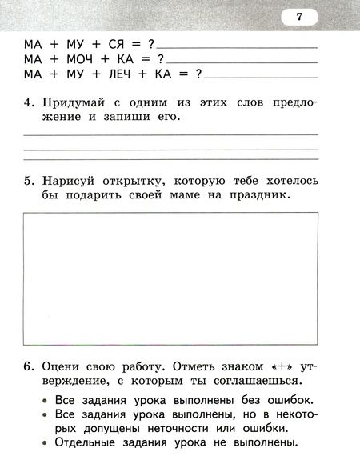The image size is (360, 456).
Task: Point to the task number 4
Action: click(27, 103)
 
